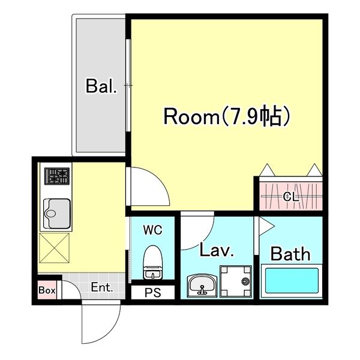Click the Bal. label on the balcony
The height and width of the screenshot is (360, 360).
[x=101, y=86]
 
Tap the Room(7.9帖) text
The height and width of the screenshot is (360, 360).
[x=227, y=116]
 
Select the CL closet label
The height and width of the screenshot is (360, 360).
[x=290, y=196]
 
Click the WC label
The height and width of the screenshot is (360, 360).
[x=152, y=229]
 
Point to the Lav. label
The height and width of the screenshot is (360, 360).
[x=217, y=250]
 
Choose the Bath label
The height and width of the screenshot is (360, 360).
[x=291, y=253]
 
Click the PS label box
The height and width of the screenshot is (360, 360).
[x=152, y=293]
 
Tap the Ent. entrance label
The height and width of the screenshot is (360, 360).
[x=102, y=287]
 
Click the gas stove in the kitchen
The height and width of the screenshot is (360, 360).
[x=56, y=176]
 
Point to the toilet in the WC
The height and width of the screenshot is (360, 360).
[x=152, y=262]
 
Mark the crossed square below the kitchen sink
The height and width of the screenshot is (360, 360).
[x=55, y=248]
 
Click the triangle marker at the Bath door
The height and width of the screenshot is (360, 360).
[x=265, y=226]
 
